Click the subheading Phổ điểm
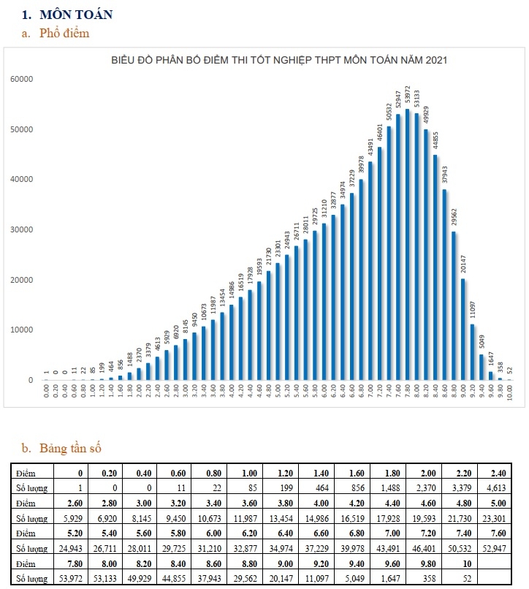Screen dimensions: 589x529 click(66, 33)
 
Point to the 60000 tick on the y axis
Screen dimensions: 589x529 click(22, 79)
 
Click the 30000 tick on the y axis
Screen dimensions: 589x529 click(22, 229)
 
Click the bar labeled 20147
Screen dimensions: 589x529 click(463, 329)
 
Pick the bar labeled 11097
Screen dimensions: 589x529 click(473, 351)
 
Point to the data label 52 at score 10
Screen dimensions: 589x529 click(510, 368)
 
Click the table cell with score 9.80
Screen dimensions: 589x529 click(418, 563)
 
